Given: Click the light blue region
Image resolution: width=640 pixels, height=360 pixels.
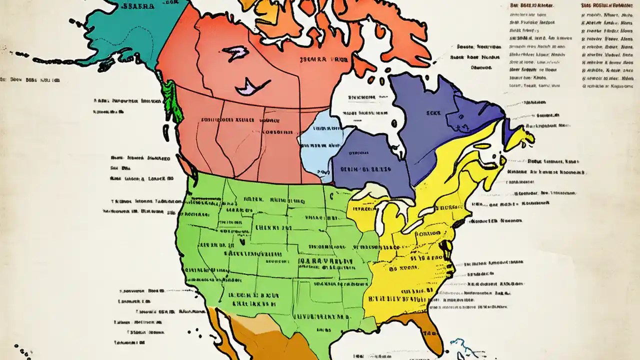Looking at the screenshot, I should point(320,145).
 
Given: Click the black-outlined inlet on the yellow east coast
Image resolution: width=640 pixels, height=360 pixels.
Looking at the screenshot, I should point(443,247).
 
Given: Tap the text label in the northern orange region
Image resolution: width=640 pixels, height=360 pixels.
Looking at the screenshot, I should point(320,58).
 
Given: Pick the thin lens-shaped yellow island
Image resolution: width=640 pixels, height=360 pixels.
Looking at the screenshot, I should point(482,146).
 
